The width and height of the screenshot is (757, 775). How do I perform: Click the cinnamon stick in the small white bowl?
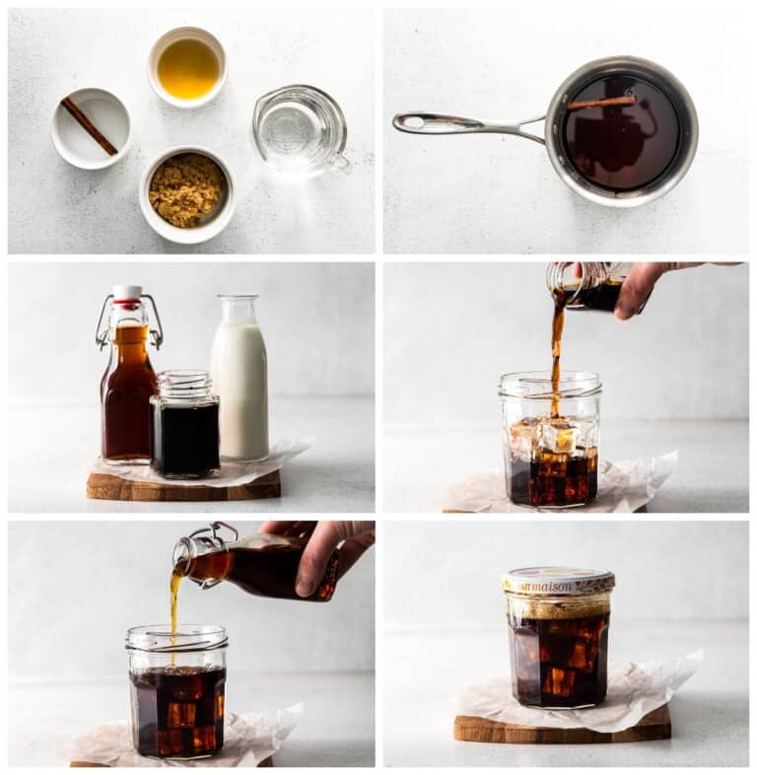pyautogui.click(x=90, y=125)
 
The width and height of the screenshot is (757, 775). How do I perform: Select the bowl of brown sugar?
pyautogui.click(x=186, y=191)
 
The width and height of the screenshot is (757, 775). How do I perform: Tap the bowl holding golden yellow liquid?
pyautogui.click(x=188, y=68)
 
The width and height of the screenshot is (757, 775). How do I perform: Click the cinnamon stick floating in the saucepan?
pyautogui.click(x=601, y=102)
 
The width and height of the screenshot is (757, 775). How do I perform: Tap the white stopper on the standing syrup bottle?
pyautogui.click(x=127, y=293)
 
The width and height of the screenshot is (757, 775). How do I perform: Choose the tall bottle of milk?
pyautogui.click(x=240, y=380)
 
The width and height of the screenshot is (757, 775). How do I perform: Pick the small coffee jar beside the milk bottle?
pyautogui.click(x=184, y=426)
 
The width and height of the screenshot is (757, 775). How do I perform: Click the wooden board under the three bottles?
pyautogui.click(x=182, y=486)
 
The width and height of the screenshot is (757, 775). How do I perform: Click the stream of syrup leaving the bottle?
pyautogui.click(x=175, y=602)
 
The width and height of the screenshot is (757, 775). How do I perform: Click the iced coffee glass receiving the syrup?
pyautogui.click(x=177, y=695)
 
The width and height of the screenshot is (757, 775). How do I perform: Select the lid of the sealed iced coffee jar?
pyautogui.click(x=558, y=581)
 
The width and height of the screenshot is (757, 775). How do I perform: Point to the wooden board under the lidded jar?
pyautogui.click(x=562, y=729)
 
